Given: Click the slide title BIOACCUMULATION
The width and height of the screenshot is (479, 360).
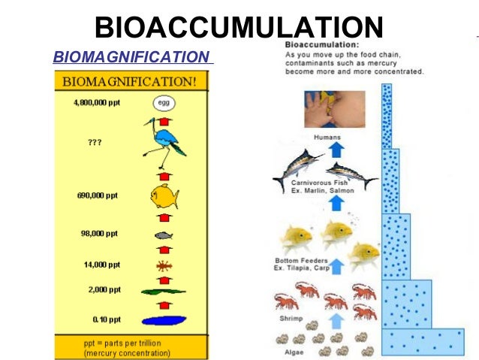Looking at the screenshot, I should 239,28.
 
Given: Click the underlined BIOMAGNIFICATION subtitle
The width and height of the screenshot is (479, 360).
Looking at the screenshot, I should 131,57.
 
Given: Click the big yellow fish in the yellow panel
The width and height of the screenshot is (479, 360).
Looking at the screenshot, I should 164,197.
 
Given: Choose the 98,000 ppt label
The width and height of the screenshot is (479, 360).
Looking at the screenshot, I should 100,234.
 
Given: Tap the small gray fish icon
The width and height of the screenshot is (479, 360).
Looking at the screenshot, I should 164,235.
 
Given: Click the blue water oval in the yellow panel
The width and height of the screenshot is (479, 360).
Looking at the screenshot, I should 164,320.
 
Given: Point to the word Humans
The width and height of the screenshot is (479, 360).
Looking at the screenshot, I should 327,138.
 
